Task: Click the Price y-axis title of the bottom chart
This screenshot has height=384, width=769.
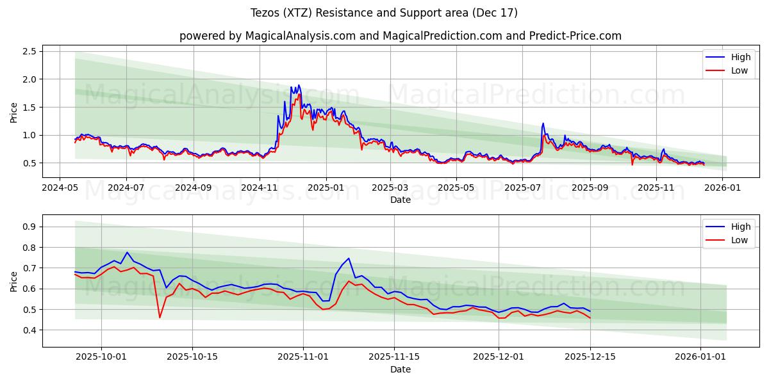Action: pyautogui.click(x=14, y=281)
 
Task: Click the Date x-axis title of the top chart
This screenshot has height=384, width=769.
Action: pyautogui.click(x=401, y=200)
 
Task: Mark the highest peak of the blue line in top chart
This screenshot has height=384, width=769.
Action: pyautogui.click(x=298, y=85)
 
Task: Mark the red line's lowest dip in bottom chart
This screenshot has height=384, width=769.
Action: pyautogui.click(x=160, y=317)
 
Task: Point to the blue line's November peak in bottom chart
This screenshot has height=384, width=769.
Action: pyautogui.click(x=349, y=259)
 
